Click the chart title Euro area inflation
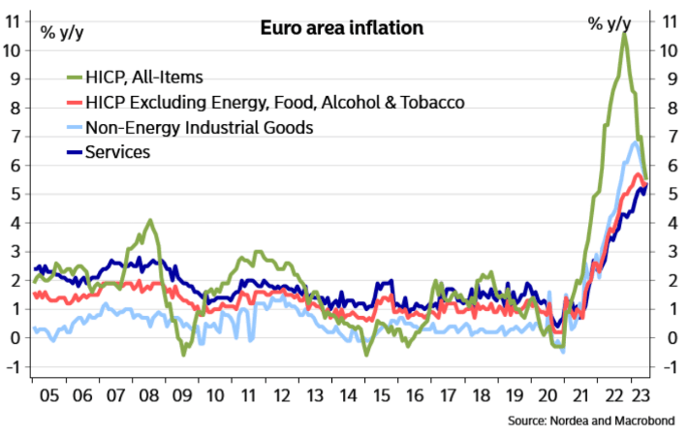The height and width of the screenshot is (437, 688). click(342, 28)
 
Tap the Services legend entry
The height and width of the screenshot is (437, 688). click(117, 152)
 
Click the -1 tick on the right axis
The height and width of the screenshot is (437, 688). click(668, 366)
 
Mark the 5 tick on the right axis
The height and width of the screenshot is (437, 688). click(668, 194)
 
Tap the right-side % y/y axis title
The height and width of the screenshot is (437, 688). click(610, 23)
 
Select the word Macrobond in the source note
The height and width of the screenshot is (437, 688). click(642, 422)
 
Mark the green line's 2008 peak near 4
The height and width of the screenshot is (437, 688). click(148, 221)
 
